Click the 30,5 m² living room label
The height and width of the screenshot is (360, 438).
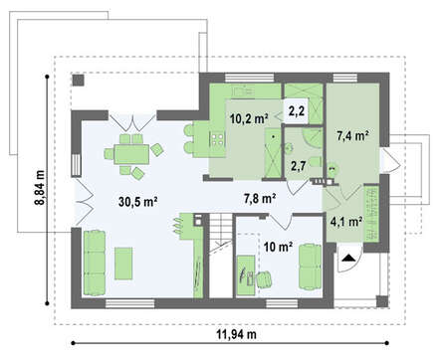point(137,201)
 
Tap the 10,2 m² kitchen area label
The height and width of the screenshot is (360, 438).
point(249,118)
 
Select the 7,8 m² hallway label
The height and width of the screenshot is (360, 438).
point(260,199)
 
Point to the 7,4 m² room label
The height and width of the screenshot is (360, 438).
point(353,136)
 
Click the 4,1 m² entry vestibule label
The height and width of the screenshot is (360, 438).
point(345,222)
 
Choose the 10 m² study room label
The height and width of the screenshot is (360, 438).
point(278,247)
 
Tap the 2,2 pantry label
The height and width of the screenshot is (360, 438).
point(297,111)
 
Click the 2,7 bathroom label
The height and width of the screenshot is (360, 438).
point(298,166)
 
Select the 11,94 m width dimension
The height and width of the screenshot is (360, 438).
point(237,334)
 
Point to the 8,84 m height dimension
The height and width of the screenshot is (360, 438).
point(40,188)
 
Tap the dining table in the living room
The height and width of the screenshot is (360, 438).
point(131,154)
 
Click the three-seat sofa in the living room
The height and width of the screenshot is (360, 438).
point(95,263)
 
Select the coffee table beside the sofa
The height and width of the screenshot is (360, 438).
point(123,264)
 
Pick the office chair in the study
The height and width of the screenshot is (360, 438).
point(264,278)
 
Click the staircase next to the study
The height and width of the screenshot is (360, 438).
point(220,256)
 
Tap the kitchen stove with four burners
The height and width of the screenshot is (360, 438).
point(217,138)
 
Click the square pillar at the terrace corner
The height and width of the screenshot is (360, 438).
point(79,80)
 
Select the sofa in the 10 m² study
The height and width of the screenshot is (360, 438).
point(311,268)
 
